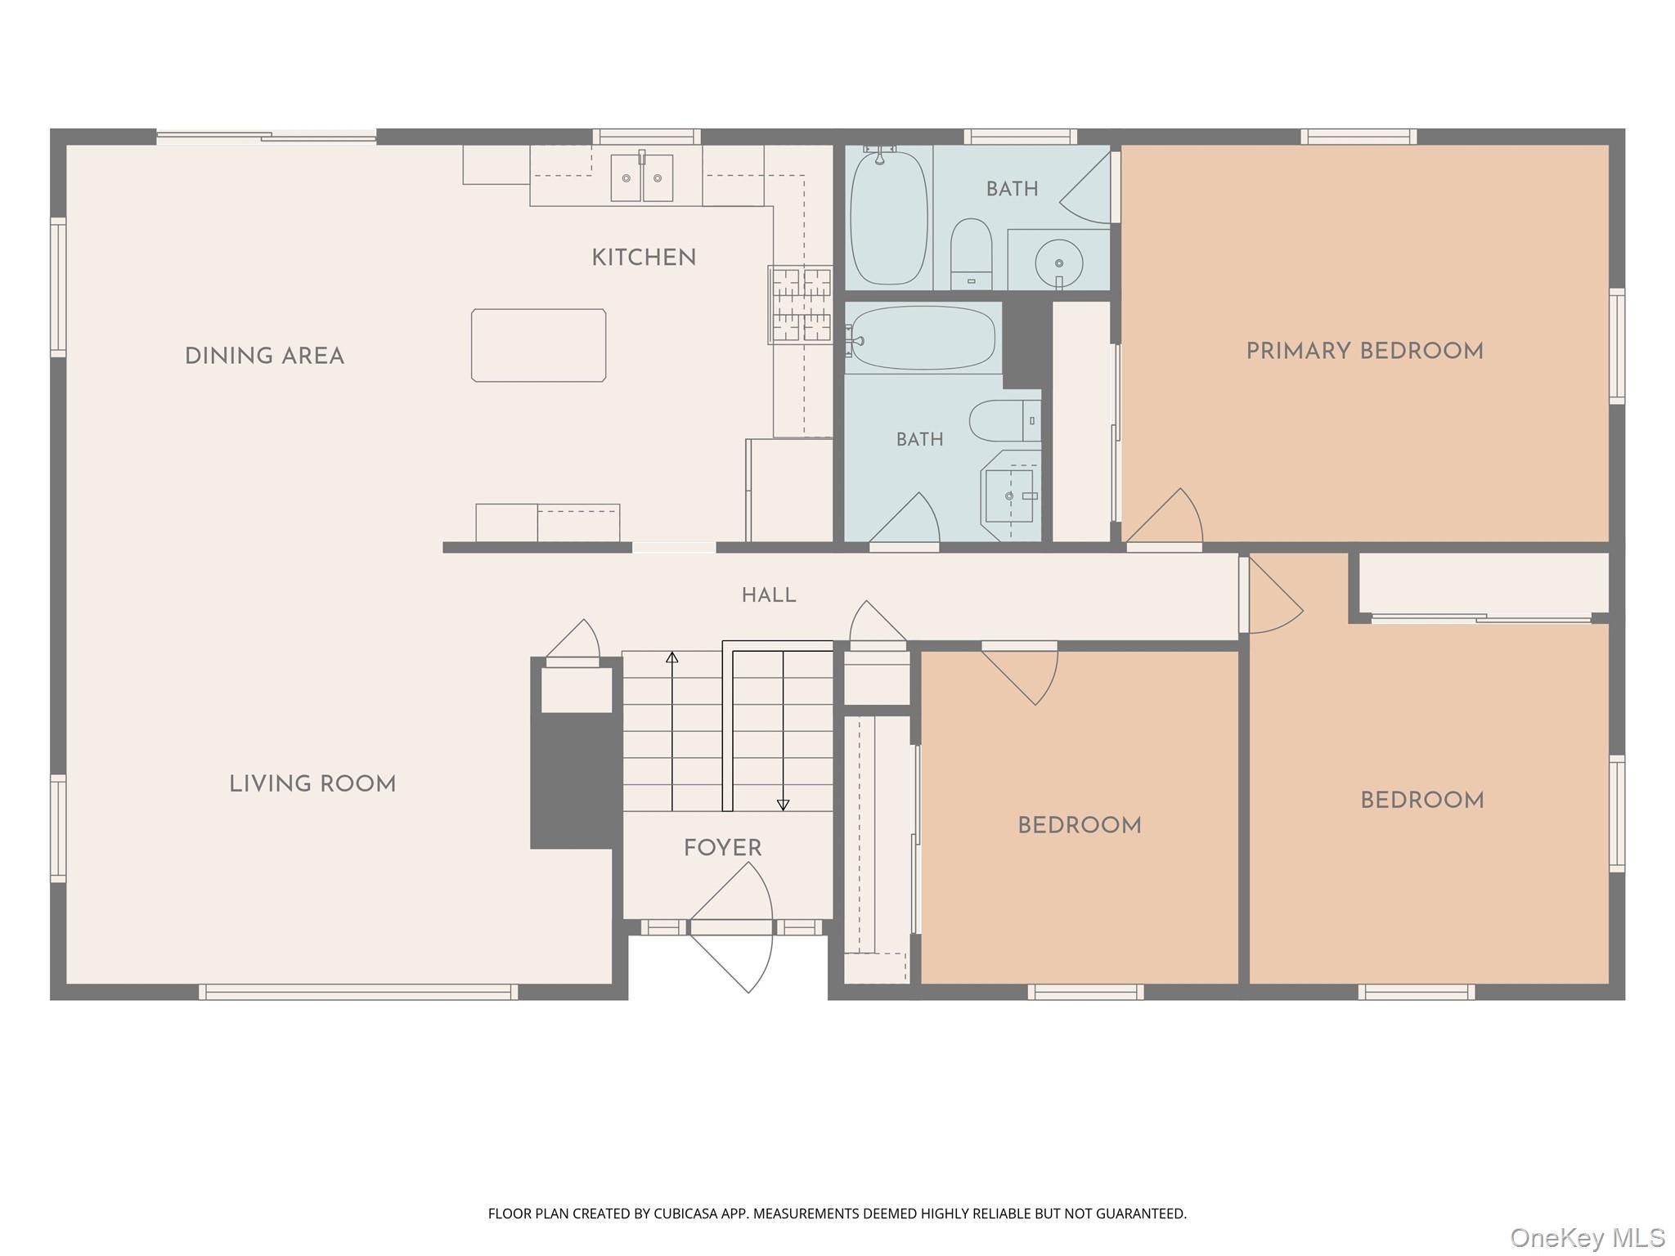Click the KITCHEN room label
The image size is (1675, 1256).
[644, 258]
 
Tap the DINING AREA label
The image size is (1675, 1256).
[264, 356]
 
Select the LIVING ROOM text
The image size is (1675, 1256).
[312, 784]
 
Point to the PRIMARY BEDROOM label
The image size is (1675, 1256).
[1364, 351]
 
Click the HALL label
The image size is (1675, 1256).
[769, 595]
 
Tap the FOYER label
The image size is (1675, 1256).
[723, 848]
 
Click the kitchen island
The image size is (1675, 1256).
[538, 345]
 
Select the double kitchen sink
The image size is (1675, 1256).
[642, 177]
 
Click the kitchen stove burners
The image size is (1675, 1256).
[800, 304]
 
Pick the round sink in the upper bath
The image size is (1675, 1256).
[1059, 263]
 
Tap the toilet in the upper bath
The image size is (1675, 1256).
[971, 253]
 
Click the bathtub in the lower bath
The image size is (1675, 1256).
[923, 338]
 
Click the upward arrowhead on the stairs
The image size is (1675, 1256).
[672, 657]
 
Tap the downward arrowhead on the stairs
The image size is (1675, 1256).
[783, 805]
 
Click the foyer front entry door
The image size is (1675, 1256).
[731, 927]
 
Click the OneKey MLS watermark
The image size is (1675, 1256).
[1587, 1237]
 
